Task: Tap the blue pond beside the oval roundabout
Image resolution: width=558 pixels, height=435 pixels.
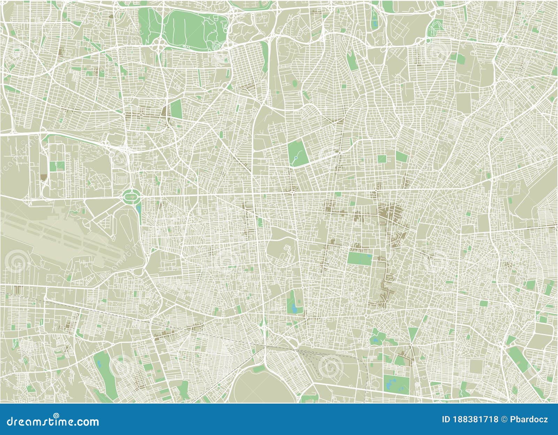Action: click(139, 209)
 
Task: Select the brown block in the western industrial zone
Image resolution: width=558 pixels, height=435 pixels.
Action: click(43, 177)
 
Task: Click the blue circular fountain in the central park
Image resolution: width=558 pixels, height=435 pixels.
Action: click(296, 158)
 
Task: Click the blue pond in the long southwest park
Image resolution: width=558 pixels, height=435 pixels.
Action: click(99, 365)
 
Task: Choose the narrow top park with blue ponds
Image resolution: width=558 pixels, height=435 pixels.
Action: click(374, 21)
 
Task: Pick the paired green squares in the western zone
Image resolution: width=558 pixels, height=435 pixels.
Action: click(56, 166)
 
